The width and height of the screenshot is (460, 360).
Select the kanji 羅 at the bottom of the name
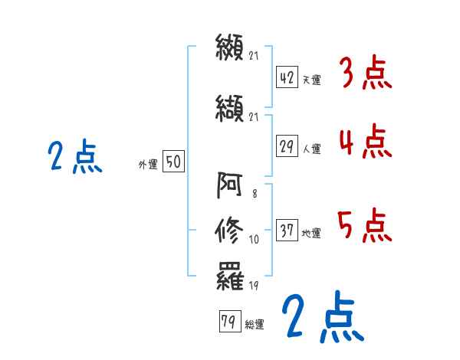tap(229, 274)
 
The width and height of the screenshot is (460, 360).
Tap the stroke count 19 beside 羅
tap(255, 286)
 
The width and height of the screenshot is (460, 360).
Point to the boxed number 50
tap(173, 162)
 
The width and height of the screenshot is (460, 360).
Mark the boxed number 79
tap(228, 322)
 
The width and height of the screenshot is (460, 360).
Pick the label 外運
tap(148, 164)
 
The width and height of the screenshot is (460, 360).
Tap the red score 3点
tap(366, 74)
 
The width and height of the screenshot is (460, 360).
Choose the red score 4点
tap(366, 142)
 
